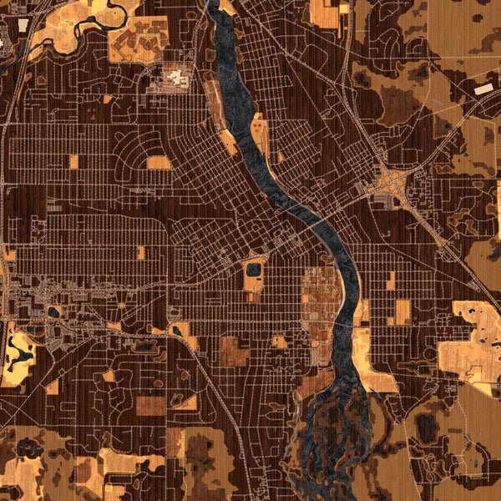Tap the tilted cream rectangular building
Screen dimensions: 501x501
(x=484, y=88)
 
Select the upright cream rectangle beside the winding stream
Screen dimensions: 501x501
(x=23, y=25)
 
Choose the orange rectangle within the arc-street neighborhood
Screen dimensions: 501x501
(x=158, y=162)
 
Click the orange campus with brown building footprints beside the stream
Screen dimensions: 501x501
(x=138, y=38)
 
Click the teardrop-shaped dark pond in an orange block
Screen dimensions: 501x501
(x=54, y=312)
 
